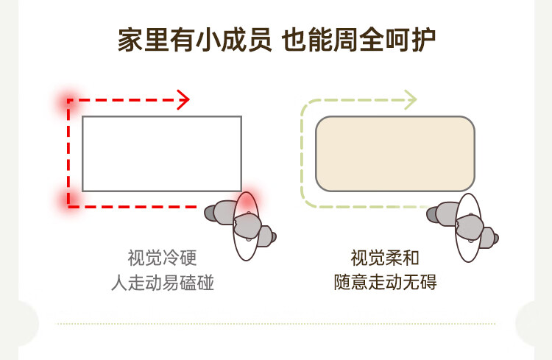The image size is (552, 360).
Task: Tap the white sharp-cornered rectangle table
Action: pyautogui.click(x=162, y=154)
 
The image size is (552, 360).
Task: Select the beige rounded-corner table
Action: pyautogui.click(x=395, y=154)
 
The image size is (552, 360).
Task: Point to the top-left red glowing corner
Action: pyautogui.click(x=69, y=101)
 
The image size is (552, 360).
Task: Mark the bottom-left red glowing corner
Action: pyautogui.click(x=69, y=205)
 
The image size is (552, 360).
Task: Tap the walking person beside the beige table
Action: pyautogui.click(x=463, y=227)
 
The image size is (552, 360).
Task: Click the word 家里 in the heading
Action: pyautogui.click(x=144, y=40)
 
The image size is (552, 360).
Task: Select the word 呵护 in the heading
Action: pyautogui.click(x=411, y=40)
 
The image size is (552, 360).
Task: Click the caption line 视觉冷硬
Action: pyautogui.click(x=162, y=258)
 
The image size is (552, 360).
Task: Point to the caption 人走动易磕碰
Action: pyautogui.click(x=163, y=283)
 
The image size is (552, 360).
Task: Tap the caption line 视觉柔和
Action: pyautogui.click(x=385, y=258)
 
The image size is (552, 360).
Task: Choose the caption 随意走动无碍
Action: pyautogui.click(x=385, y=282)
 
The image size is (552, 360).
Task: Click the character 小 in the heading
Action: pyautogui.click(x=208, y=40)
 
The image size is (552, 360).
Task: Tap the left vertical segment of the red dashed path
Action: pyautogui.click(x=68, y=153)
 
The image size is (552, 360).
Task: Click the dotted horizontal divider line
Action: pyautogui.click(x=276, y=323)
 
